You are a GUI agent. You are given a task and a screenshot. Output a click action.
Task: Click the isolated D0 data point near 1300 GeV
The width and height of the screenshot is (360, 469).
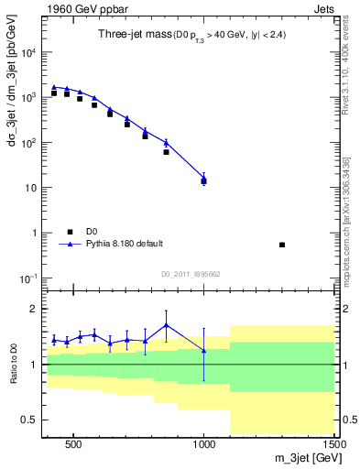[282, 245]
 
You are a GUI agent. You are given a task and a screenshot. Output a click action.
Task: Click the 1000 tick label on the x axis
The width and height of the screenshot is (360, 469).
[203, 443]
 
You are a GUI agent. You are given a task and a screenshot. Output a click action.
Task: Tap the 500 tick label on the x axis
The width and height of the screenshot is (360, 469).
[72, 443]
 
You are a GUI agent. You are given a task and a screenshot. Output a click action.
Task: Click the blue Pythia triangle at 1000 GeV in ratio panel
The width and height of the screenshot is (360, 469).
[203, 350]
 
